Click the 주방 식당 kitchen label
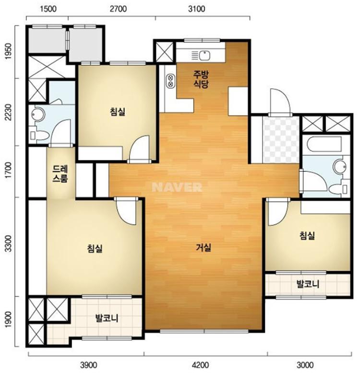click(x=201, y=80)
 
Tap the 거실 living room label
click(x=204, y=248)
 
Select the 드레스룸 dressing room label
click(x=60, y=174)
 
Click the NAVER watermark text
click(x=177, y=187)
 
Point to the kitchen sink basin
click(x=204, y=56)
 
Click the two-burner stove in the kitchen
click(x=170, y=81)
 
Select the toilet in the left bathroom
click(x=39, y=135)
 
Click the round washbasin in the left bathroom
click(x=38, y=114)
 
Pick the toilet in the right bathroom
click(x=338, y=189)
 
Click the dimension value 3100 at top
click(x=196, y=9)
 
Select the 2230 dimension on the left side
click(x=9, y=112)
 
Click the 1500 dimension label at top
click(x=48, y=9)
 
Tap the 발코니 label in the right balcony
click(x=308, y=284)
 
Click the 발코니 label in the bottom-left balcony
click(x=107, y=318)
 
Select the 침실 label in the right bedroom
click(x=307, y=236)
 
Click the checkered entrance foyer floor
click(x=281, y=140)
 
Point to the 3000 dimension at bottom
click(x=305, y=365)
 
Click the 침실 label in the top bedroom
click(x=118, y=111)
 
